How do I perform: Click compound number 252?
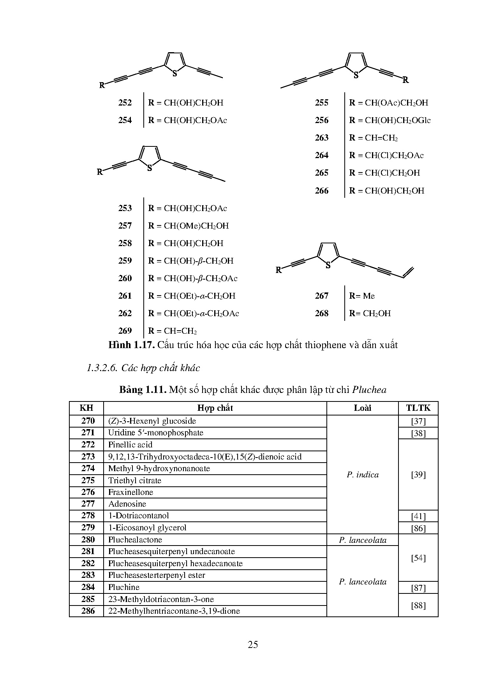(125, 103)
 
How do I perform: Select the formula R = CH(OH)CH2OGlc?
(390, 120)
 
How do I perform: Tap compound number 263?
(322, 138)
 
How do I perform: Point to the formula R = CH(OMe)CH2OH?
(189, 226)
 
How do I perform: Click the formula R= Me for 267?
(362, 296)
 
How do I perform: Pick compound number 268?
(322, 313)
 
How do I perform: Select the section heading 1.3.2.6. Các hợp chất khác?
(143, 368)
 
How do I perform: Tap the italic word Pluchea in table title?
(369, 390)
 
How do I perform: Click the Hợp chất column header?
(215, 408)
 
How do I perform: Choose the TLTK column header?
(418, 408)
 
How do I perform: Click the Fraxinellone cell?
(131, 492)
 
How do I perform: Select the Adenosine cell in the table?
(127, 504)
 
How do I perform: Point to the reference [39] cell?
(418, 475)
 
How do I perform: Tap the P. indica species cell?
(363, 475)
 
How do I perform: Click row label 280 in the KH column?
(88, 540)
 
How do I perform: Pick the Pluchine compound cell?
(124, 587)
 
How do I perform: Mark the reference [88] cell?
(418, 605)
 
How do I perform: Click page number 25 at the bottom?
(253, 645)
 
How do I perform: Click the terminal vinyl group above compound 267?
(408, 272)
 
